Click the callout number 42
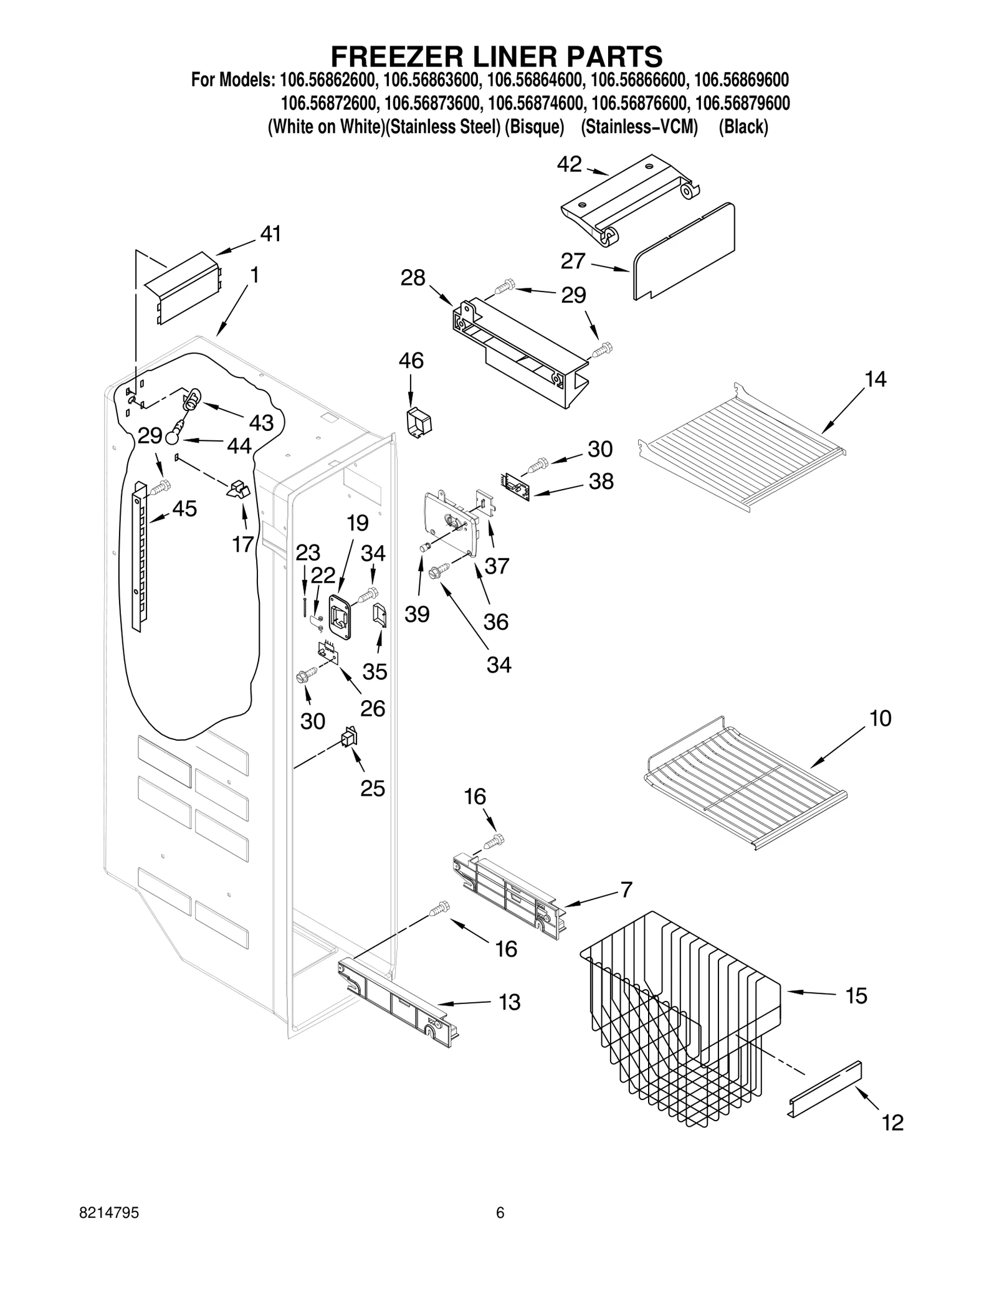click(x=569, y=164)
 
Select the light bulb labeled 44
click(x=171, y=437)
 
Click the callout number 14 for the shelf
click(x=875, y=379)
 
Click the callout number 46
click(x=411, y=361)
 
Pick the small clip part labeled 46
click(x=419, y=425)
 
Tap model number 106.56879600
click(x=742, y=103)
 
